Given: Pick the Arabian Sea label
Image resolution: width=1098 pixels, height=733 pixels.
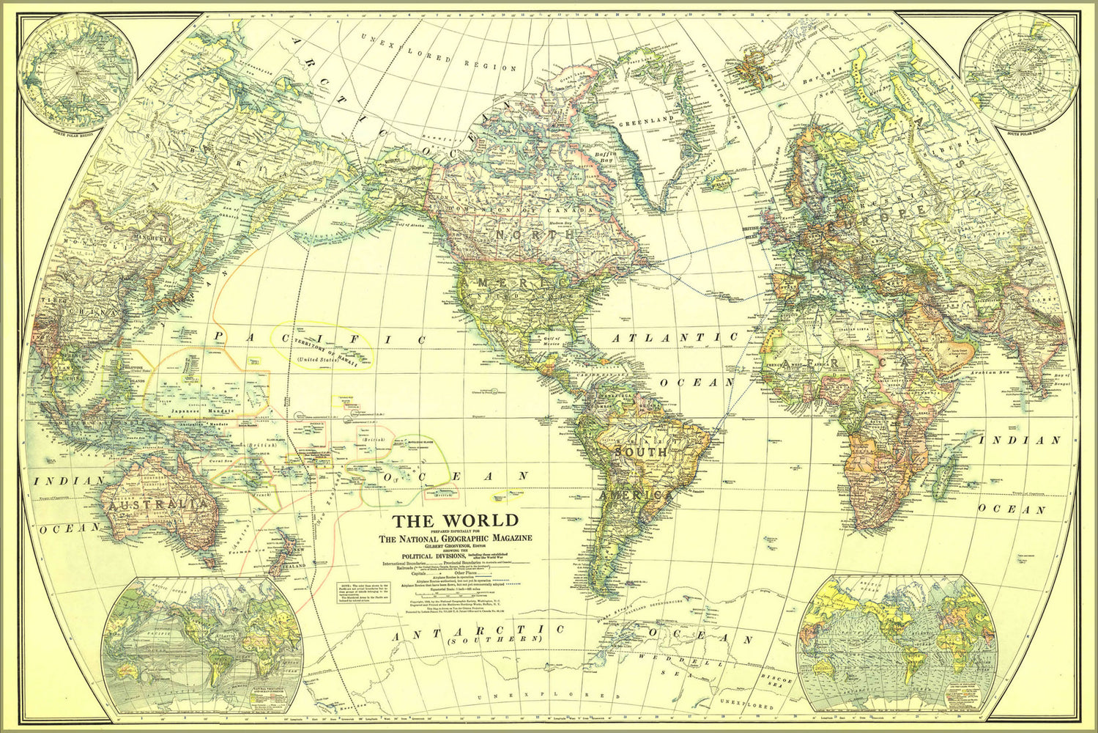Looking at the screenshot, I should point(1005,373).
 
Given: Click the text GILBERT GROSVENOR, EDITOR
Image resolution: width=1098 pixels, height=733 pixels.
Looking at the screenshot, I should point(455,546).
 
